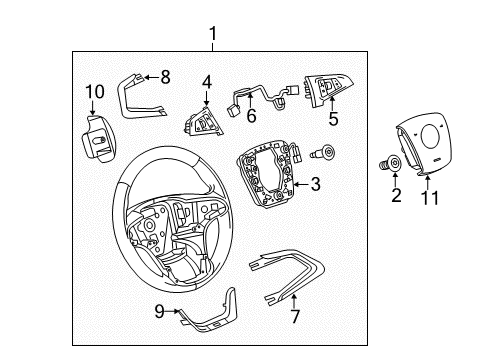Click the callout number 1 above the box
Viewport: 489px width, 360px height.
[213, 34]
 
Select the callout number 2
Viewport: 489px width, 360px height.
[396, 195]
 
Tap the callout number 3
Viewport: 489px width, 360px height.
[315, 184]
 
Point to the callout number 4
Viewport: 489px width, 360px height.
[207, 82]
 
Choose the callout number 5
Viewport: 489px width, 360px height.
[333, 119]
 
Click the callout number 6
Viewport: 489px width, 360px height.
[251, 116]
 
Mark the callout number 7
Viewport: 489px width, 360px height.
[295, 316]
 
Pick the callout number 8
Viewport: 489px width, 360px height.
[165, 77]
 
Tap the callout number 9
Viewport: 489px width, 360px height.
[160, 312]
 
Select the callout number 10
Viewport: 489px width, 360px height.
[95, 92]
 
